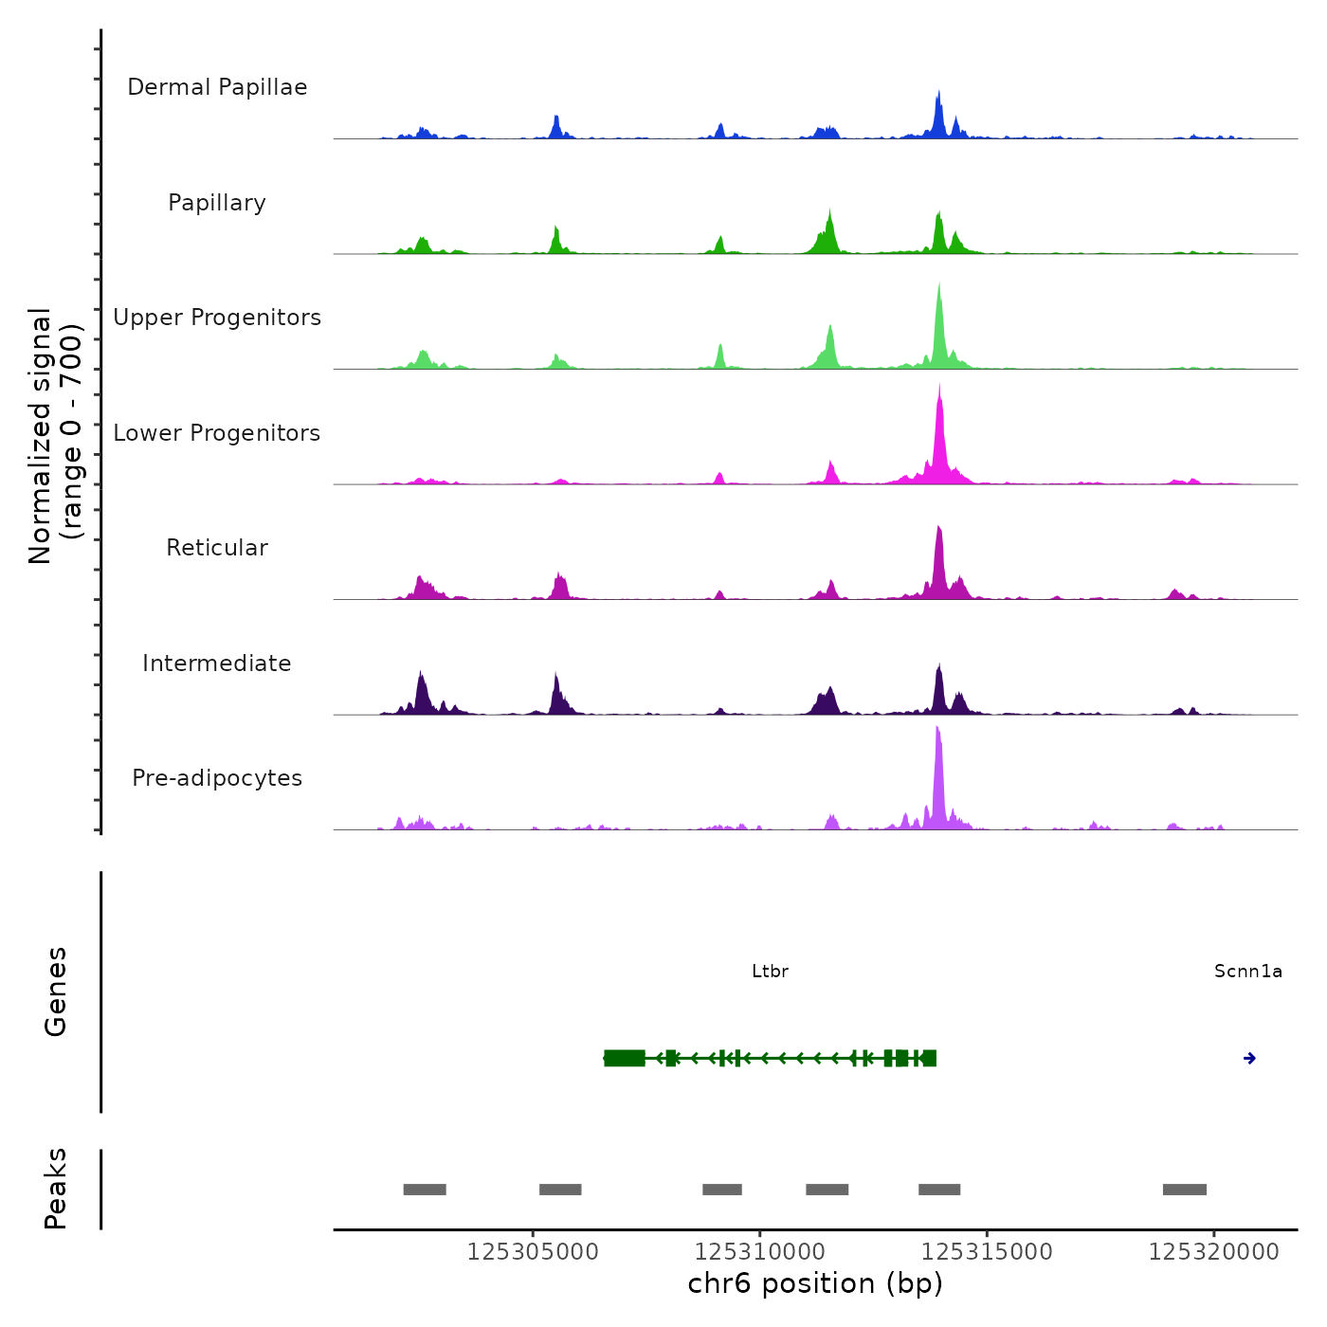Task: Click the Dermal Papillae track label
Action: (217, 87)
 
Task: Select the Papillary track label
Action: (217, 203)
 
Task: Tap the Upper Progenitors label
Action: (217, 318)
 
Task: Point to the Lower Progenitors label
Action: (217, 433)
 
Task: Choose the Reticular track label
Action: (217, 548)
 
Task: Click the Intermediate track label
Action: (217, 663)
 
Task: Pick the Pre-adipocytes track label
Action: (217, 778)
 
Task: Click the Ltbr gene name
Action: (770, 972)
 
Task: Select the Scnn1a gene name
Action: (1247, 972)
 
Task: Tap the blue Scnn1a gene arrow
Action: (1249, 1059)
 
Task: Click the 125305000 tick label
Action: (533, 1252)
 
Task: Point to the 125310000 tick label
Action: (759, 1252)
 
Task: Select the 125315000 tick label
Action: (987, 1252)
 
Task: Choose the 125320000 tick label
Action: (1213, 1252)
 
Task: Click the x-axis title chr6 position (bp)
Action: (815, 1283)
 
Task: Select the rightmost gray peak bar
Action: (1184, 1190)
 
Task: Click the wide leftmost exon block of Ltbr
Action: (625, 1059)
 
